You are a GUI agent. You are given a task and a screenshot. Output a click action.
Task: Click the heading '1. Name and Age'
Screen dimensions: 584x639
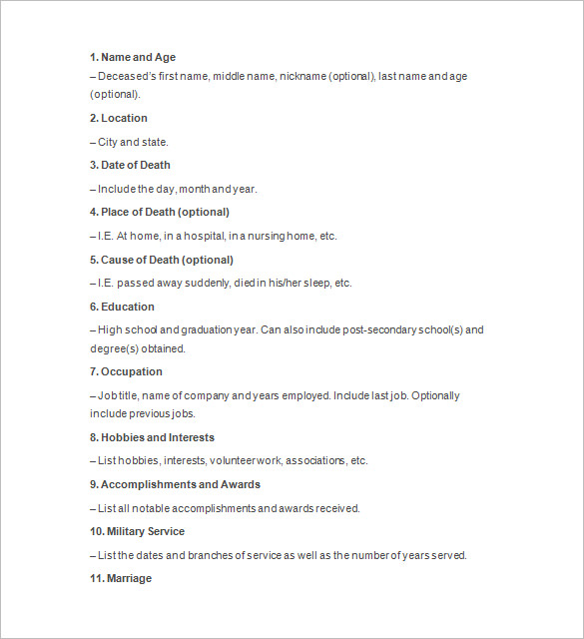pos(133,58)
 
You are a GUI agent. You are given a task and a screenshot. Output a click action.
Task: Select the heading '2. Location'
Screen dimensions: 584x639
pos(119,119)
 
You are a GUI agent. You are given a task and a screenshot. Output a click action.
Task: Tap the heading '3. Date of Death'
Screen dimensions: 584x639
pos(130,166)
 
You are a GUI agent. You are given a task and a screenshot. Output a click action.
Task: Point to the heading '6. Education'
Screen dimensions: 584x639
pos(122,308)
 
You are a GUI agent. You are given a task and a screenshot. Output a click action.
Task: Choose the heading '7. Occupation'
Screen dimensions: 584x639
pos(126,372)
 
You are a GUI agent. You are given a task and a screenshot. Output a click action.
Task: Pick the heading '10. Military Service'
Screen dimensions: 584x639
pos(137,532)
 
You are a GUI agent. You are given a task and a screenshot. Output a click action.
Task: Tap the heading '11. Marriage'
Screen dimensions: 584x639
pos(121,579)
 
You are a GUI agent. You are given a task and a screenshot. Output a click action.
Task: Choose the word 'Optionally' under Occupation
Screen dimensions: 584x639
pos(435,396)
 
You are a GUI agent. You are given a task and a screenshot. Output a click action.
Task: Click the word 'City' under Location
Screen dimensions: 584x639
pos(108,143)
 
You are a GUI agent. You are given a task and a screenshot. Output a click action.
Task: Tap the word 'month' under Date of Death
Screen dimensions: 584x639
pos(195,190)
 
